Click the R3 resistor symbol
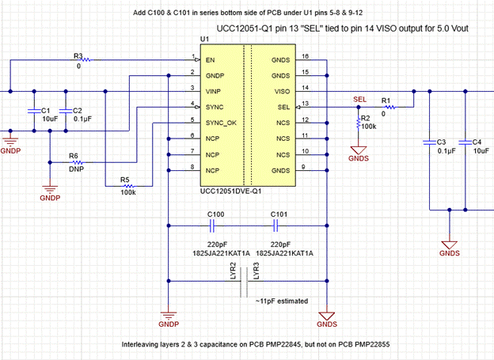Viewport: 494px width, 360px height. click(x=82, y=59)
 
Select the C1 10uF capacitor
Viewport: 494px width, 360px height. click(x=33, y=111)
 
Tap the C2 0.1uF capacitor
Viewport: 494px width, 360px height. click(x=65, y=111)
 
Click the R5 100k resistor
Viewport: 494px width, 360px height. click(x=129, y=187)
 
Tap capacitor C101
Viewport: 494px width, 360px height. click(x=278, y=224)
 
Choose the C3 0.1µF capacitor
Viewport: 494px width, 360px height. click(x=429, y=143)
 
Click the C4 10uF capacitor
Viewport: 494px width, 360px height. click(x=464, y=143)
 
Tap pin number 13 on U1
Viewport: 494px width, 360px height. click(x=304, y=104)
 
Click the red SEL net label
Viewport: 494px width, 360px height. click(x=359, y=100)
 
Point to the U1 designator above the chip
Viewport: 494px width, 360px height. click(x=204, y=39)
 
